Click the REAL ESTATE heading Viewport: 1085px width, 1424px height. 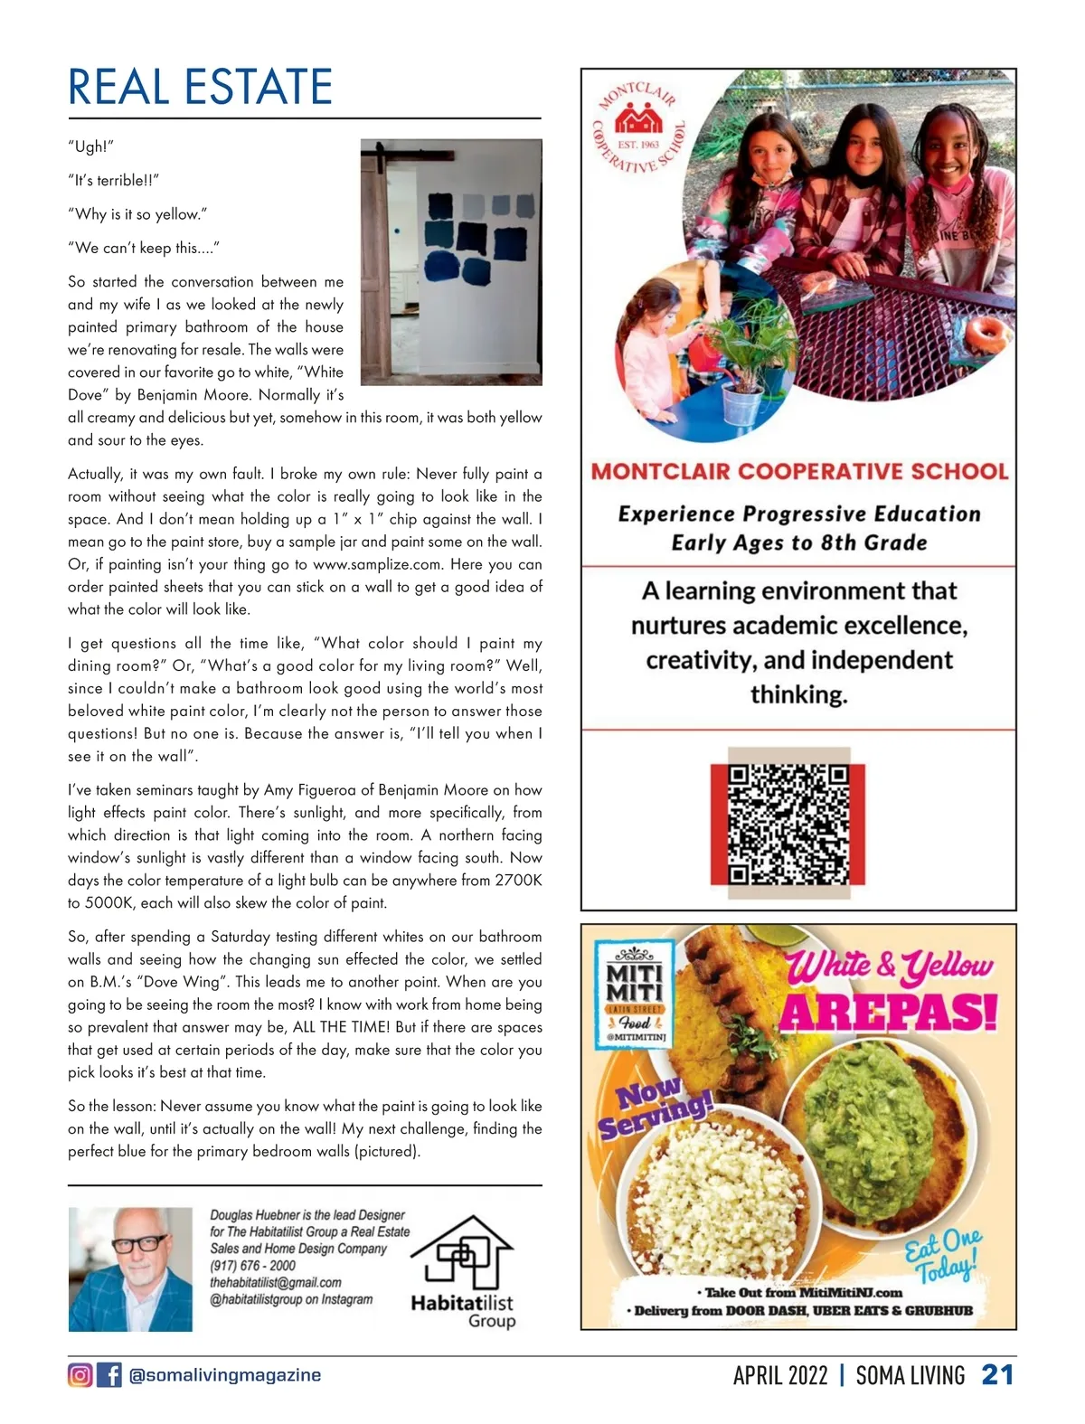click(x=200, y=87)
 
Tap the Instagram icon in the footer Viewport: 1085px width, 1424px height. click(x=80, y=1375)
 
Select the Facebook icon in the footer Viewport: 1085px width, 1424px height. click(x=108, y=1375)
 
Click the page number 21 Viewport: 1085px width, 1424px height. click(x=997, y=1375)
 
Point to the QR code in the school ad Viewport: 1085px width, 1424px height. click(x=788, y=824)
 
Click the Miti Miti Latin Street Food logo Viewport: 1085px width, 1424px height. click(x=634, y=993)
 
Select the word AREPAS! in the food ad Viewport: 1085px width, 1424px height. click(x=888, y=1012)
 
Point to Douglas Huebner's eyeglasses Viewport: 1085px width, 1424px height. click(x=139, y=1243)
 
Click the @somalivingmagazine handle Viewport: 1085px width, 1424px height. click(x=225, y=1375)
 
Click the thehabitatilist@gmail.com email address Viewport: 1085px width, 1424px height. click(x=276, y=1282)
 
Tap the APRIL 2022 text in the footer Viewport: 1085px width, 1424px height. click(x=780, y=1375)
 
